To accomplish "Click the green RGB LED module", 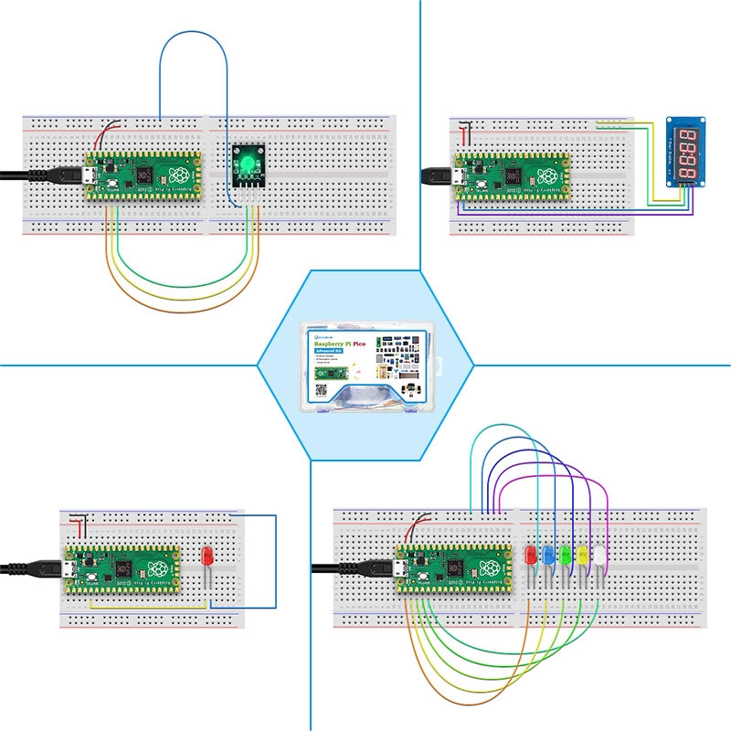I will coord(246,165).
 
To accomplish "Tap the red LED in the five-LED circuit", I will coord(530,555).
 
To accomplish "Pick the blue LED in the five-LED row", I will coord(548,555).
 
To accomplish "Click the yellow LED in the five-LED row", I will coord(581,555).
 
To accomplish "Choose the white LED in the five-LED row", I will coord(598,555).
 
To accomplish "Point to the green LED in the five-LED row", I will coord(565,555).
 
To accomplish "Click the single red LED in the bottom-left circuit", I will coord(207,556).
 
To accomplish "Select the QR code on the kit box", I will coord(321,389).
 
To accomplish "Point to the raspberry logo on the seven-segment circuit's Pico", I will coord(551,177).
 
